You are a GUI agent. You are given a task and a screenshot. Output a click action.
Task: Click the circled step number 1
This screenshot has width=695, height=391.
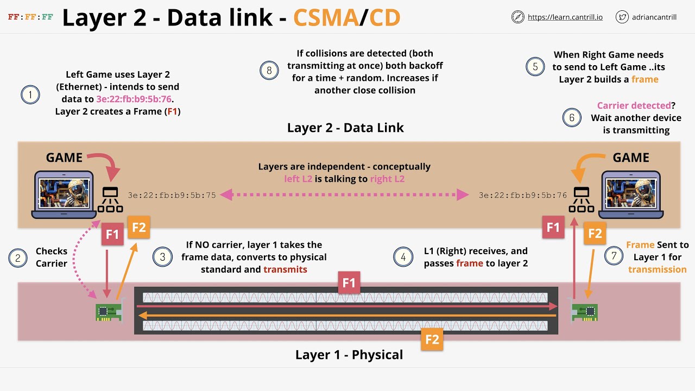pyautogui.click(x=30, y=95)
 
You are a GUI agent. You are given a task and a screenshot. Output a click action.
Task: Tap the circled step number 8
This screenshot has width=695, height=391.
pyautogui.click(x=269, y=71)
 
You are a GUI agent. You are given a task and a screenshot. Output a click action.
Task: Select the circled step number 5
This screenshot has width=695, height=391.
pyautogui.click(x=535, y=66)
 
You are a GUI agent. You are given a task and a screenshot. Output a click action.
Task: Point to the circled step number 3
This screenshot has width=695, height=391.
pyautogui.click(x=163, y=257)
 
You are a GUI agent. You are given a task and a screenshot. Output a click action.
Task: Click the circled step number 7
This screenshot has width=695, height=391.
pyautogui.click(x=614, y=257)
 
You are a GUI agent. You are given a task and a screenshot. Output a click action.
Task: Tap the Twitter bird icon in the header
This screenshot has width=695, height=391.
pyautogui.click(x=622, y=17)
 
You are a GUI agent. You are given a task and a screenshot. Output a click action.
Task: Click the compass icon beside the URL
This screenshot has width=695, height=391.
pyautogui.click(x=518, y=17)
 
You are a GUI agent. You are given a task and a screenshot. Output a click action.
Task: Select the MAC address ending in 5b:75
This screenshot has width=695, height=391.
pyautogui.click(x=172, y=195)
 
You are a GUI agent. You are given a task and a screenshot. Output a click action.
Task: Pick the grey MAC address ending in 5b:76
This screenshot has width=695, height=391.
pyautogui.click(x=523, y=195)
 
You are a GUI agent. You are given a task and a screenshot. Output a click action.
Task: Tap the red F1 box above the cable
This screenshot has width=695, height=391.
pyautogui.click(x=349, y=283)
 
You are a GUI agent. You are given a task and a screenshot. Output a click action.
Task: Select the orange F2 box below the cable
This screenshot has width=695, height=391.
pyautogui.click(x=432, y=340)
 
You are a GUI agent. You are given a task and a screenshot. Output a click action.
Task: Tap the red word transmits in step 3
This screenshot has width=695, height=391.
pyautogui.click(x=285, y=269)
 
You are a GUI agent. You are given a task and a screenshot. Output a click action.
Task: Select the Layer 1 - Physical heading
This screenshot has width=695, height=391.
pyautogui.click(x=349, y=355)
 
